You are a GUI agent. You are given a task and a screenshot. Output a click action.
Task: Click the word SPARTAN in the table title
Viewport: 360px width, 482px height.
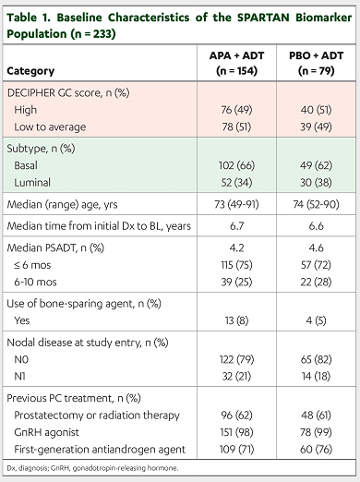point(263,18)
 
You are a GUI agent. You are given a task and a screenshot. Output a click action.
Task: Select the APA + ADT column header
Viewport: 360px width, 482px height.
point(236,63)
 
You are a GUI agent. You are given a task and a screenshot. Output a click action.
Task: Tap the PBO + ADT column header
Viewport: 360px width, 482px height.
point(316,63)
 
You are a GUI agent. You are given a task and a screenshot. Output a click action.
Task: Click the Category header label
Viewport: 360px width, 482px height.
point(30,71)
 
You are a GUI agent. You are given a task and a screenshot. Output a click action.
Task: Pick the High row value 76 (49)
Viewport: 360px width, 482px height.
point(236,110)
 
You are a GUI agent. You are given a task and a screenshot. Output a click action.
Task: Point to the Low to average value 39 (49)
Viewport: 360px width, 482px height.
point(316,127)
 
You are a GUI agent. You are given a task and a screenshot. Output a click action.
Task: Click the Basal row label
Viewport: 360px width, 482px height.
point(26,165)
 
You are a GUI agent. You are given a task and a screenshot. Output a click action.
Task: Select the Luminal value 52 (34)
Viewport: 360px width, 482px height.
point(236,183)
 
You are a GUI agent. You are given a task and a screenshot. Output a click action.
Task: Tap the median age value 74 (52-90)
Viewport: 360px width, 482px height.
point(316,204)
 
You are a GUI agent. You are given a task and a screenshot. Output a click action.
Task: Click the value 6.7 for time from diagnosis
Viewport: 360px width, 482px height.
point(236,226)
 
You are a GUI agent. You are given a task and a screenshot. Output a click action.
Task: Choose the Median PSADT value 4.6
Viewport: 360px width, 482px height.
point(316,247)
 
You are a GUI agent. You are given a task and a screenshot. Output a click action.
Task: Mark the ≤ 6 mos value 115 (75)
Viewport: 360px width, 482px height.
point(236,265)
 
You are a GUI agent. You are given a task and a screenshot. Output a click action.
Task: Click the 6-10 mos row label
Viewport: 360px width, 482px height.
point(35,283)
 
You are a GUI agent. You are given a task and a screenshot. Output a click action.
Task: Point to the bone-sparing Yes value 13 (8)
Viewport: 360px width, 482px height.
point(236,320)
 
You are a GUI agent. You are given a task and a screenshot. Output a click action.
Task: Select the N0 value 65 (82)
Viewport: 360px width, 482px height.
point(316,359)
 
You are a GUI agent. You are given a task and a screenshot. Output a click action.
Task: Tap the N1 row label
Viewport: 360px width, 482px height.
point(20,377)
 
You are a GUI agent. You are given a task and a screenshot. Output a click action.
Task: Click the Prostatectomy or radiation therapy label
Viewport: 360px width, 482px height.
point(97,416)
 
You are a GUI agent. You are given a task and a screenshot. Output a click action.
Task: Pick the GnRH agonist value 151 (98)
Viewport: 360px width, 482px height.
point(236,432)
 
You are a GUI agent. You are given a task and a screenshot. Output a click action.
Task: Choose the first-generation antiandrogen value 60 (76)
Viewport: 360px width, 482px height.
point(316,450)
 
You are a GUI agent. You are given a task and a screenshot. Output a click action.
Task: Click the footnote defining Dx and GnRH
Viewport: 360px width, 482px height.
point(92,468)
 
